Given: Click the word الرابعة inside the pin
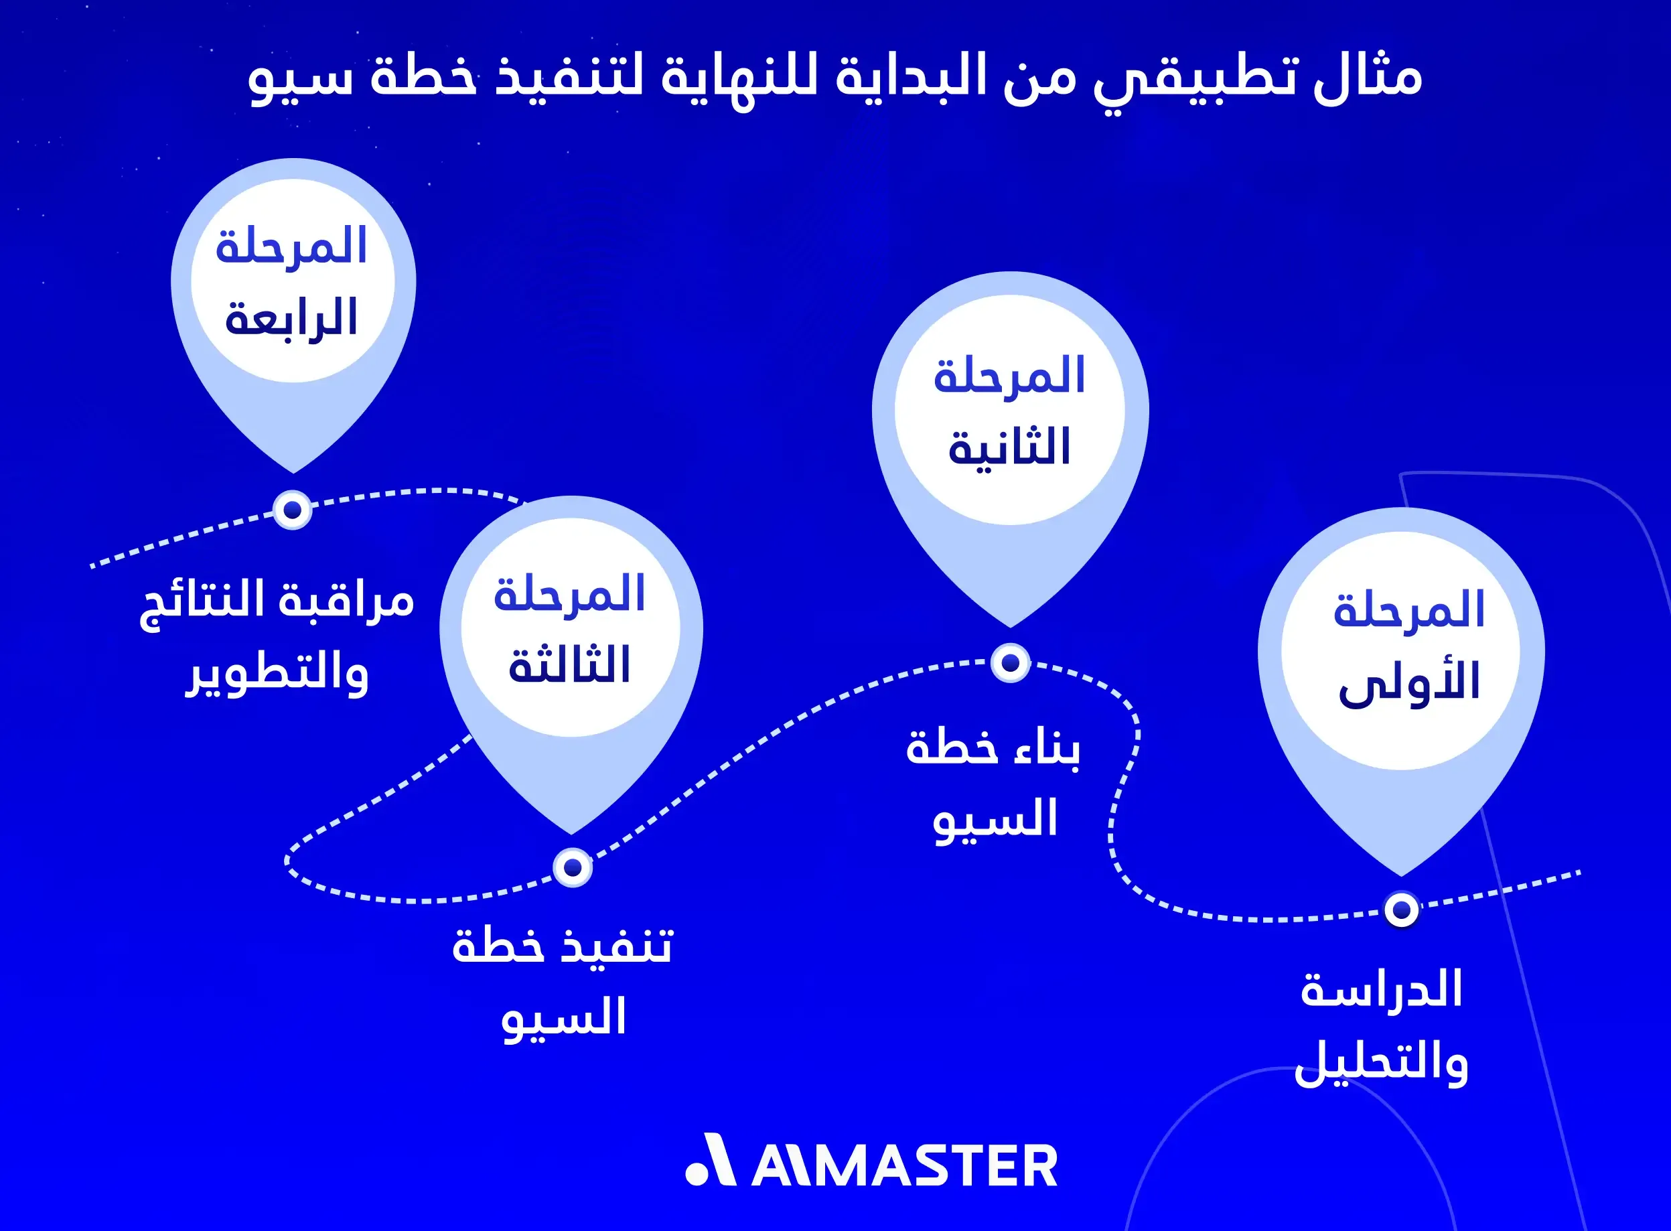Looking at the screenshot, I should [x=292, y=319].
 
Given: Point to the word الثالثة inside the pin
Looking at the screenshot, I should [x=570, y=666].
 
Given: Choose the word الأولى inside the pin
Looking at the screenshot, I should [x=1410, y=682].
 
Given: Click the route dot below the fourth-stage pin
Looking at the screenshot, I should [x=292, y=510].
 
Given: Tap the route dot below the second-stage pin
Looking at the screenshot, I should [x=1010, y=662].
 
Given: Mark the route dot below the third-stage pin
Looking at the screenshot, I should [x=572, y=867].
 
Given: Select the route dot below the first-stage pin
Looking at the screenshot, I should [x=1401, y=910].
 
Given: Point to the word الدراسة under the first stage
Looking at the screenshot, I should [x=1381, y=991].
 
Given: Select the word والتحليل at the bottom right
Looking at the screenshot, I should [x=1381, y=1064].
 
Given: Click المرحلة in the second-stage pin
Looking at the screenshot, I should [x=1009, y=376].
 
